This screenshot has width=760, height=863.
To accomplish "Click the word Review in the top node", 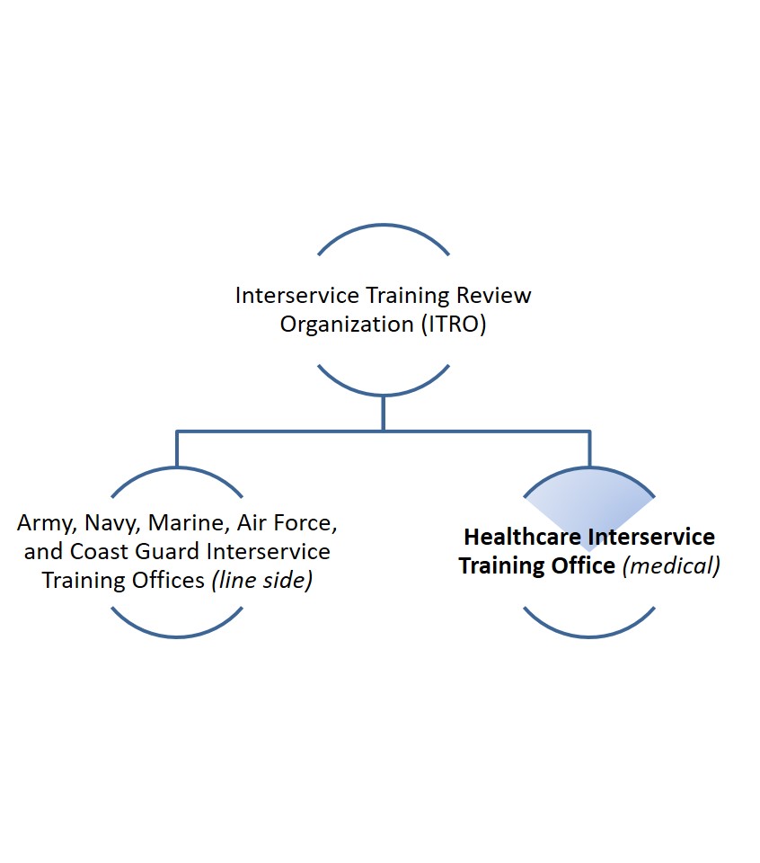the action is [494, 296].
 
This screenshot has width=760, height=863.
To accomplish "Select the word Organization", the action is [347, 325].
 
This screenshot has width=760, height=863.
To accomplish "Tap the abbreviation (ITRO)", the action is [454, 325].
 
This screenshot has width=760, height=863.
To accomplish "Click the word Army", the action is [47, 523].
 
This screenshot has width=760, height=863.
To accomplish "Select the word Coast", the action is [100, 551].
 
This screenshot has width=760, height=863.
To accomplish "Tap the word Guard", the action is [167, 551].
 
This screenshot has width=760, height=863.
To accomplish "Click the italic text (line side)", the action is [261, 581].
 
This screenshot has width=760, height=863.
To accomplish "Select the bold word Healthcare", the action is [523, 538].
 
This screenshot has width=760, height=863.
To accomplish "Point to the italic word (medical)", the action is [671, 565].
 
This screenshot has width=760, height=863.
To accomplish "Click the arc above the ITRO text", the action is [384, 225].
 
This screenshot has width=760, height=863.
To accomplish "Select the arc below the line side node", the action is [177, 636].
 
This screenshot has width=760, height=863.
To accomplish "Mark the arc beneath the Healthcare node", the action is [589, 636].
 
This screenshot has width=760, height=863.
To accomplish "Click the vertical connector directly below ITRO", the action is [384, 414].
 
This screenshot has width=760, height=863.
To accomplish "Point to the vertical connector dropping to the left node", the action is [177, 449].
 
